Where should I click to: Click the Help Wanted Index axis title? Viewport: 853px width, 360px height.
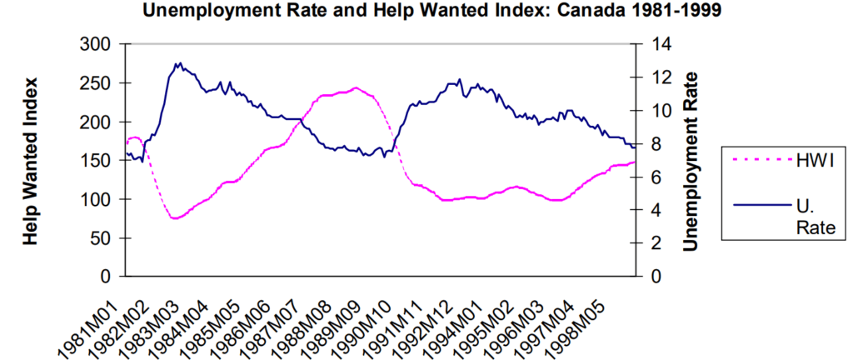32,161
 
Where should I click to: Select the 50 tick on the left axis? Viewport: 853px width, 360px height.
102,238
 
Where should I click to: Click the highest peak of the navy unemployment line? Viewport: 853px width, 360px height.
178,62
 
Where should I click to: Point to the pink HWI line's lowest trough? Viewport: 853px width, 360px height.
174,218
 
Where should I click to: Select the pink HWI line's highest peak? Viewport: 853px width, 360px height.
356,87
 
